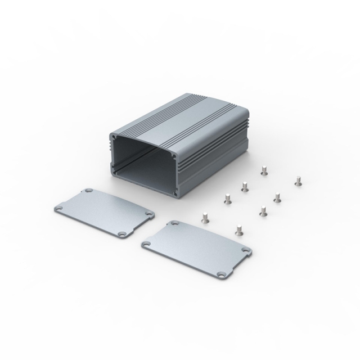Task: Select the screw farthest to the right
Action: [x=298, y=181]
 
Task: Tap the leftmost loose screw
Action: [x=205, y=217]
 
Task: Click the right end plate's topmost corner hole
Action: [x=173, y=224]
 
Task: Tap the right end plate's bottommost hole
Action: [x=224, y=273]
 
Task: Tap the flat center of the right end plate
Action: [x=197, y=247]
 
